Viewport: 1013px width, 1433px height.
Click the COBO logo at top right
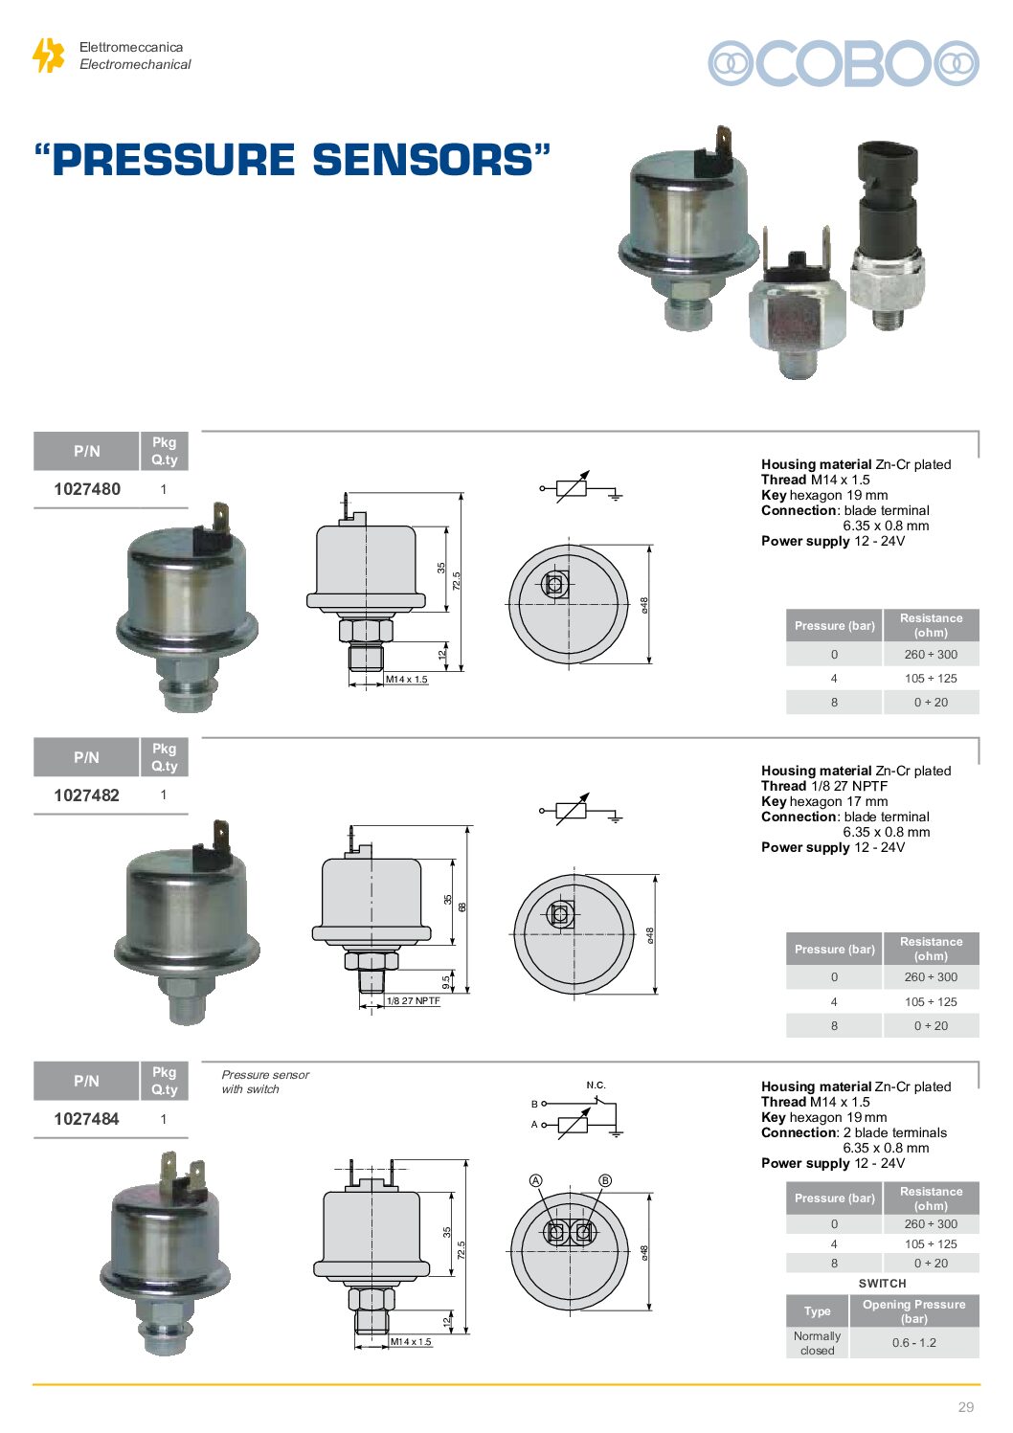click(844, 63)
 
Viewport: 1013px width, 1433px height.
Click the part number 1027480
click(87, 489)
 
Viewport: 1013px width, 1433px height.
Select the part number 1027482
click(87, 795)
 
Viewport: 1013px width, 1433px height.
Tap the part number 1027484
click(87, 1119)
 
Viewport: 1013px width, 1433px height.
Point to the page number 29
click(966, 1407)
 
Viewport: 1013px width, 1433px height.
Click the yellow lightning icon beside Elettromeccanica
click(48, 55)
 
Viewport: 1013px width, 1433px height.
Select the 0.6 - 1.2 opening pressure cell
click(913, 1343)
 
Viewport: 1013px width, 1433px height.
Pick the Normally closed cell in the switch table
click(817, 1343)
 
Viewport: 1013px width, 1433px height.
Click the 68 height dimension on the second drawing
click(462, 907)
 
